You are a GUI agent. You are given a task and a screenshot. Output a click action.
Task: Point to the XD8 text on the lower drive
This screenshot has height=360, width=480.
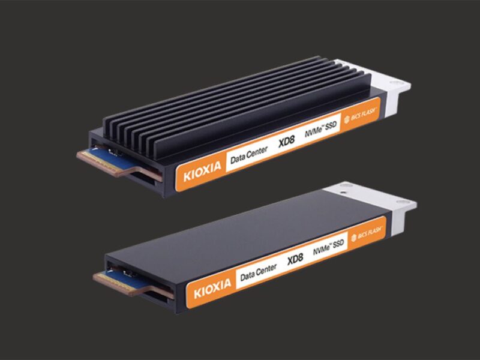pyautogui.click(x=296, y=262)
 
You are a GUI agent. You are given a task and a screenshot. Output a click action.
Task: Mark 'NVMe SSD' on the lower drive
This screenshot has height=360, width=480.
pyautogui.click(x=332, y=247)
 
